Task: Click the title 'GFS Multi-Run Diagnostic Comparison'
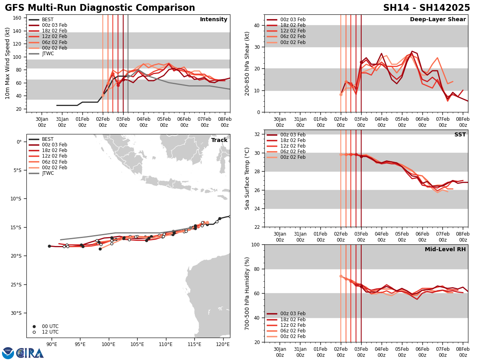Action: (100, 8)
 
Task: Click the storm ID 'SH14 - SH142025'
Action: (426, 8)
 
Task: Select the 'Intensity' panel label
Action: (213, 20)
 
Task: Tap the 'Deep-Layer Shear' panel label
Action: (438, 20)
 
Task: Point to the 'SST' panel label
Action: (460, 135)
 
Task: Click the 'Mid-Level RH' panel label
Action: (445, 250)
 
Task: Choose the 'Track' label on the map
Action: (219, 140)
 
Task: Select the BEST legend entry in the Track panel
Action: (48, 139)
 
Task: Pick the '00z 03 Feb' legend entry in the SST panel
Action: (293, 135)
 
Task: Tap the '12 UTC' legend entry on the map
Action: (50, 332)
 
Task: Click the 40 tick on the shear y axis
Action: (257, 25)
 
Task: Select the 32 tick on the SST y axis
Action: (257, 134)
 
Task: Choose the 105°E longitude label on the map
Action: (137, 344)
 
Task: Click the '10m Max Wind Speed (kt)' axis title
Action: (8, 63)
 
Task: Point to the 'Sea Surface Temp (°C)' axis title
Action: (248, 178)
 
